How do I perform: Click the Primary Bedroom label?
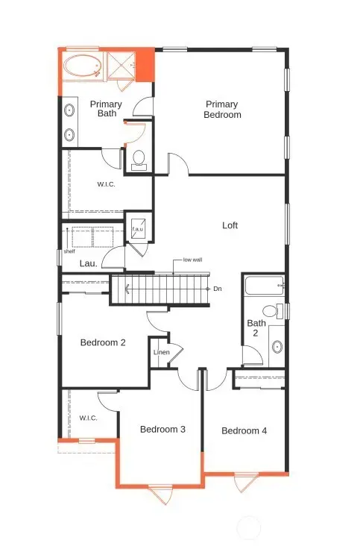click(223, 110)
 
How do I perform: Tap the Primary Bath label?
click(105, 109)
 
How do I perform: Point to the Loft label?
click(230, 225)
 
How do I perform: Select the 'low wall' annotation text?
click(192, 260)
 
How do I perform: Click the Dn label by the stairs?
click(217, 288)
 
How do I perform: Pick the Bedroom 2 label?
click(103, 342)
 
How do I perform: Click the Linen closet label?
click(161, 352)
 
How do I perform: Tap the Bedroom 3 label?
click(162, 429)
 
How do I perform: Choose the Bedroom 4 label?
click(244, 430)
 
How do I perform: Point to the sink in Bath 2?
click(277, 346)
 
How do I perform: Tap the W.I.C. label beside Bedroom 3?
click(89, 418)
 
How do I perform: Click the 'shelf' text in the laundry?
click(69, 251)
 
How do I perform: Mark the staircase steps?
click(160, 289)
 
